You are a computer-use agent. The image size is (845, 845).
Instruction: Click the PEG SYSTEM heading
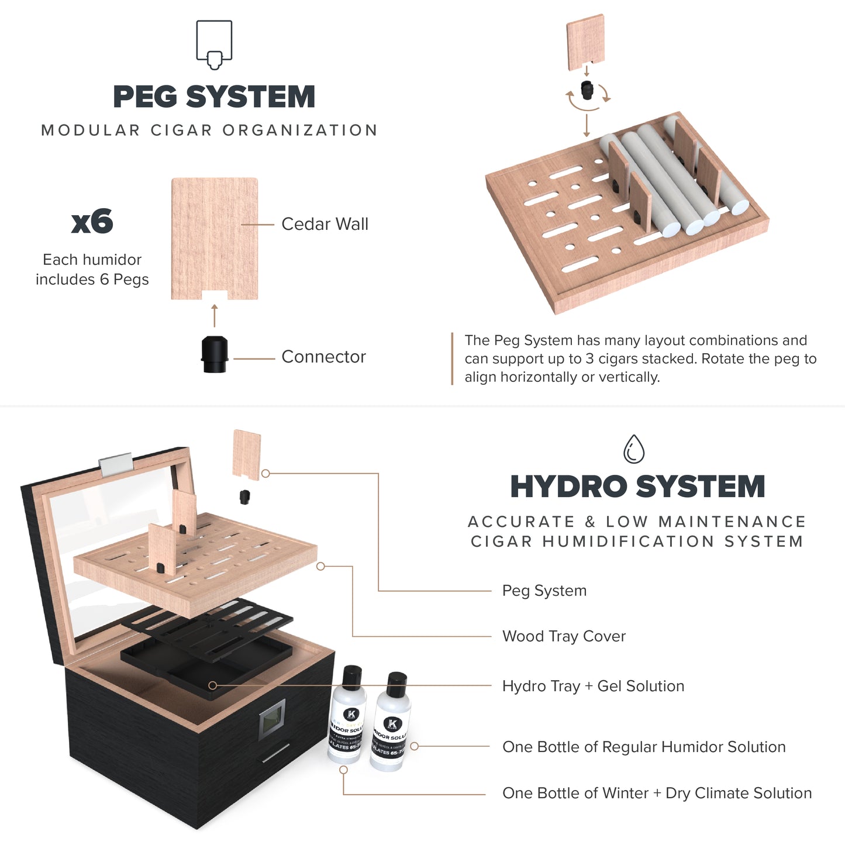[x=214, y=97]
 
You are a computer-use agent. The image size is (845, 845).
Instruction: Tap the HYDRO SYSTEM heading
[x=637, y=487]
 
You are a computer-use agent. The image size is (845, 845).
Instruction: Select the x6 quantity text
[x=92, y=222]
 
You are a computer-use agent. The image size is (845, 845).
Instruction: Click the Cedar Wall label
[x=325, y=224]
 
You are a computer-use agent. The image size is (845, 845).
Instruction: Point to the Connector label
[x=323, y=357]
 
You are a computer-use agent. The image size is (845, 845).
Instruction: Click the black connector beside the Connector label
[x=213, y=354]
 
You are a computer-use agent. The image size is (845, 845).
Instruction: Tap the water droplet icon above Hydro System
[x=634, y=449]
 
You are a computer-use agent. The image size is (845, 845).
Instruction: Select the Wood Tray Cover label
[x=564, y=636]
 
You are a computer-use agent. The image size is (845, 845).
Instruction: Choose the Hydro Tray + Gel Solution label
[x=593, y=686]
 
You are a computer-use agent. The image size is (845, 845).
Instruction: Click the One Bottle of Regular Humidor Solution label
[x=644, y=747]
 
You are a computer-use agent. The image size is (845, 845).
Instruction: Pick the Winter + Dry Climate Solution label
[x=657, y=793]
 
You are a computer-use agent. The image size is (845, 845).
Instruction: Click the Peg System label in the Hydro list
[x=544, y=591]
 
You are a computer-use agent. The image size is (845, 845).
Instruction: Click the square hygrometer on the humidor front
[x=273, y=719]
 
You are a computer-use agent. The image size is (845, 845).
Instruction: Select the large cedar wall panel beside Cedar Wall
[x=215, y=237]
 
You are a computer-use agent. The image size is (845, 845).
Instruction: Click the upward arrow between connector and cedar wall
[x=215, y=316]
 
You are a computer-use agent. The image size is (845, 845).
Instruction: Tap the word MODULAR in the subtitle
[x=91, y=130]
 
